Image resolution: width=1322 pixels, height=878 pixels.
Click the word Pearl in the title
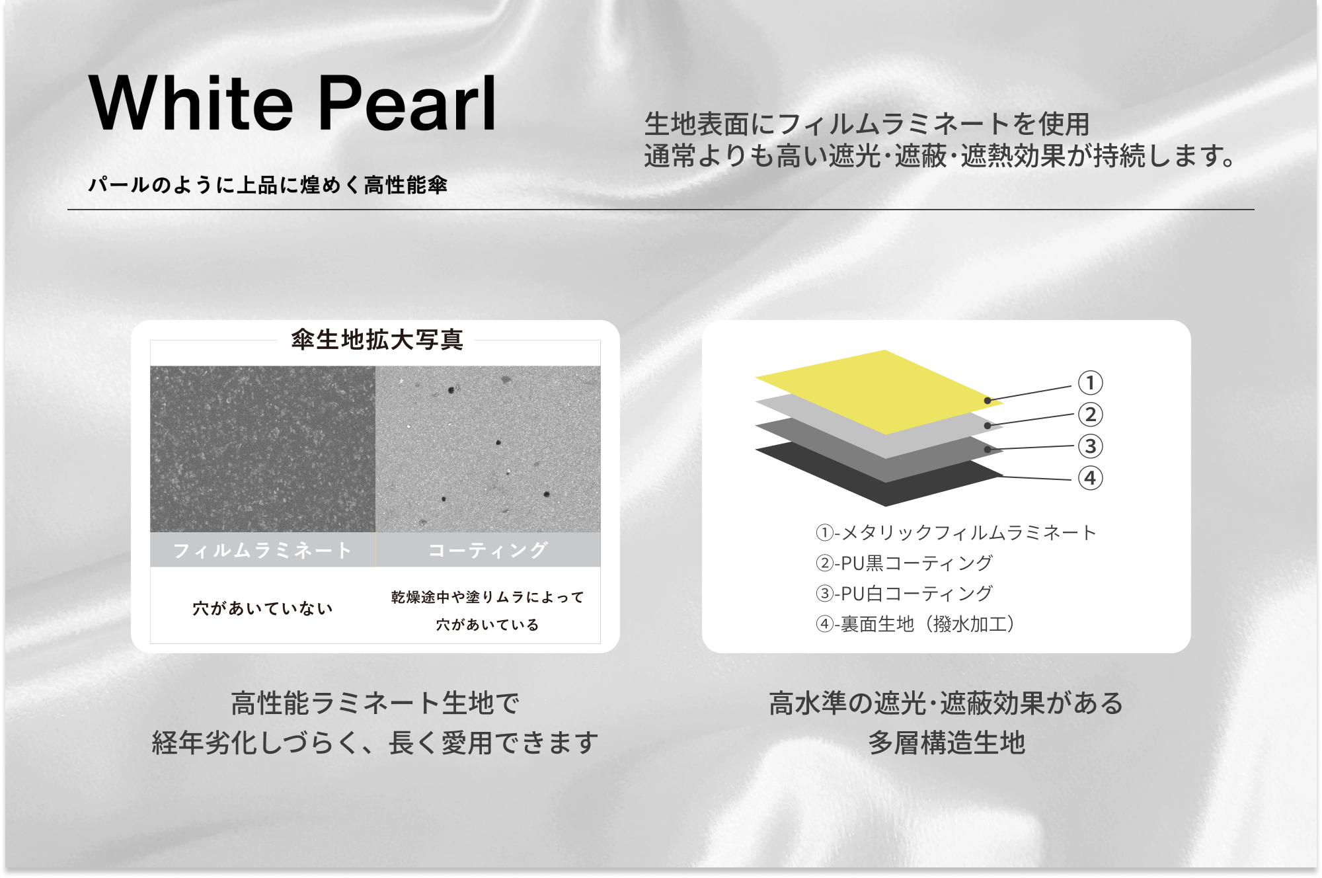(x=407, y=103)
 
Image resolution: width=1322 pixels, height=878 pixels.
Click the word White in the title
(x=191, y=103)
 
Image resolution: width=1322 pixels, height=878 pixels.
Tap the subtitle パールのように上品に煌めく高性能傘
(x=268, y=184)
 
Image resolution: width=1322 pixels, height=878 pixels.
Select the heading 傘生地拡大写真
(x=377, y=340)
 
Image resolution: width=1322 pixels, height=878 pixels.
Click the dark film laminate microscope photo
(x=262, y=449)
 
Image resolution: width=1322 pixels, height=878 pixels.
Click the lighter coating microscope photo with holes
(x=488, y=449)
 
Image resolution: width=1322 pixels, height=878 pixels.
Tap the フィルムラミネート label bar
(x=262, y=550)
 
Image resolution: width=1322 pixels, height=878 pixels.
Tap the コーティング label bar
(x=488, y=550)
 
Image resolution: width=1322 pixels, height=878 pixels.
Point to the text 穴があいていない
(x=262, y=608)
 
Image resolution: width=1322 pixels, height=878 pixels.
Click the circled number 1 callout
(x=1091, y=383)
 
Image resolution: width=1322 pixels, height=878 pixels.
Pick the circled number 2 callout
(x=1091, y=415)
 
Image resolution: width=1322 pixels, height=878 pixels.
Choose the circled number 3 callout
(x=1091, y=446)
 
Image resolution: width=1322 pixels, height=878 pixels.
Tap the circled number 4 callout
(x=1091, y=478)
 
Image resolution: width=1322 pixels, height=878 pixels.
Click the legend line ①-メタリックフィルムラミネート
(x=956, y=532)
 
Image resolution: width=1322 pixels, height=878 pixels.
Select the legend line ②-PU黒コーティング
(x=904, y=563)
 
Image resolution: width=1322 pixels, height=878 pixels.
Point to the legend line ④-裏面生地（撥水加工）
(x=915, y=624)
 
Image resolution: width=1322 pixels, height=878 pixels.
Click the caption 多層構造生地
(x=947, y=743)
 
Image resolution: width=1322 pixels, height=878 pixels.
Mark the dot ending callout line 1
(x=988, y=401)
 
